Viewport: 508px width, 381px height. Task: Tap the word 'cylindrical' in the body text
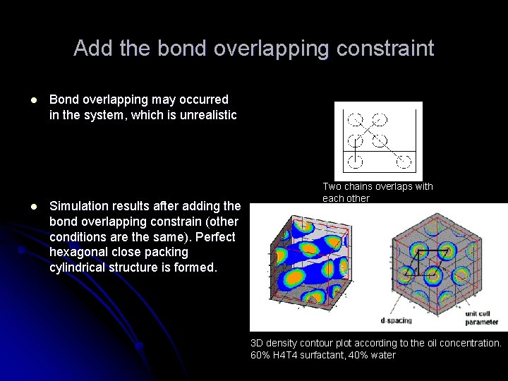(x=78, y=267)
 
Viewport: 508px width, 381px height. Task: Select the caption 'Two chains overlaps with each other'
(x=377, y=193)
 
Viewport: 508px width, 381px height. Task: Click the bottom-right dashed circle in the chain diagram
(x=403, y=162)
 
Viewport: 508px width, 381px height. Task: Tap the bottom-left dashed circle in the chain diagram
(x=355, y=162)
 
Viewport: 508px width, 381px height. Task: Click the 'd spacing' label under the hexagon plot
(x=397, y=320)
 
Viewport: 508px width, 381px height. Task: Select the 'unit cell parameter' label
(x=481, y=317)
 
